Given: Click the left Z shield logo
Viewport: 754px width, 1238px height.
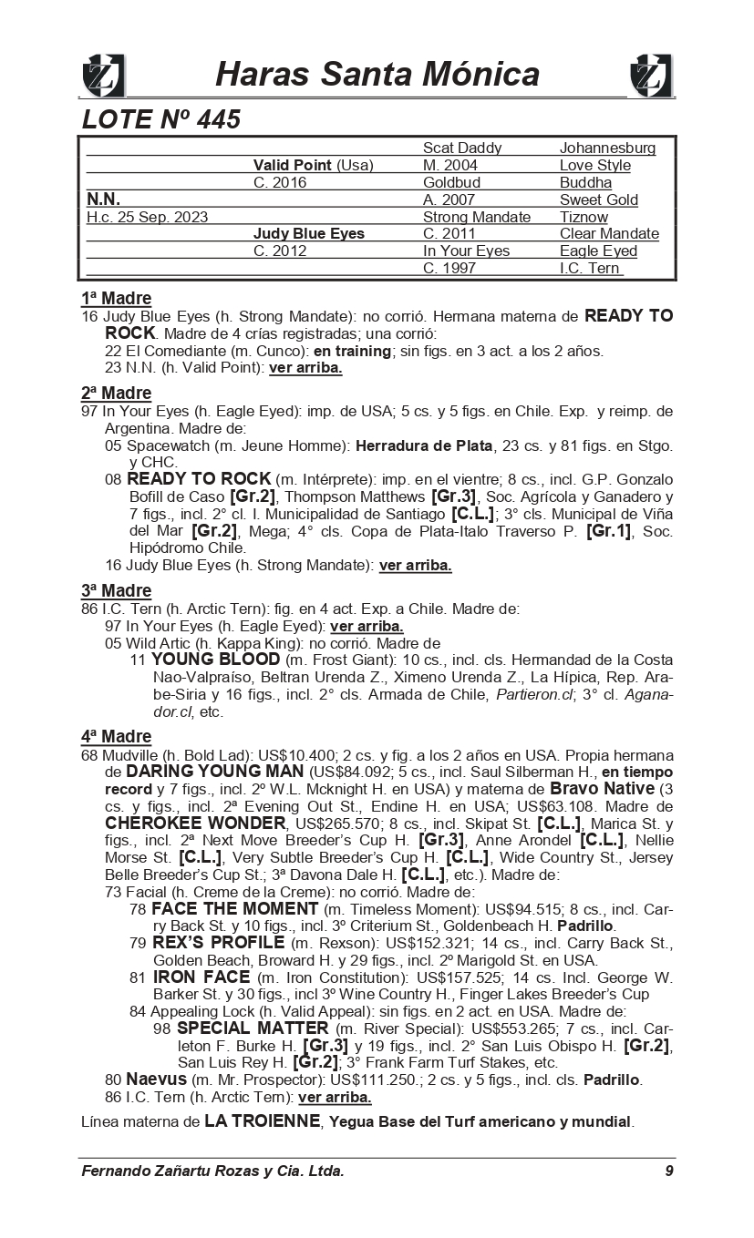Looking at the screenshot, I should coord(103,75).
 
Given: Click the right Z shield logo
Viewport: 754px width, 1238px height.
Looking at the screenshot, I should coord(651,75).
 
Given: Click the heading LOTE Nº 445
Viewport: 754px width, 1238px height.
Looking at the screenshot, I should coord(160,119).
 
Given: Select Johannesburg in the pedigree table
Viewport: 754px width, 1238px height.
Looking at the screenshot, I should coord(607,148).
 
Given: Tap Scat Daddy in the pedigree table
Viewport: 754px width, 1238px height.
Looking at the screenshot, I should coord(462,148).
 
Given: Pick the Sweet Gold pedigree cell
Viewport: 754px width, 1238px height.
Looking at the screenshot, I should coord(598,200).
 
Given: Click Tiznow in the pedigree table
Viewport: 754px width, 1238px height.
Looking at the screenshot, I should coord(584,217).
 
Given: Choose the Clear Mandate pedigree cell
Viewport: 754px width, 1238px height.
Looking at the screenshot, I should coord(609,234).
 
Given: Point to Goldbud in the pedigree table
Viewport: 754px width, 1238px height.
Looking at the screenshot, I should coord(452,182).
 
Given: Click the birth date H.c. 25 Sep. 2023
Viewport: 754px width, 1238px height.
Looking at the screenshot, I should coord(147,217).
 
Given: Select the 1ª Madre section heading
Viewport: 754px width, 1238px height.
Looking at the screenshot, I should coord(116,298).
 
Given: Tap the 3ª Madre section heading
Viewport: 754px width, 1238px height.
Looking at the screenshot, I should coord(116,591).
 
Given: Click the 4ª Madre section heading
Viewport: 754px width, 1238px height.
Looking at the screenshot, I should coord(116,736).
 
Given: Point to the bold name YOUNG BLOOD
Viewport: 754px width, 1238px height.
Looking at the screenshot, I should coord(215,660).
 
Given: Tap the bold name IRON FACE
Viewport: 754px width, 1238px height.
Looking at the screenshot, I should coord(201,977).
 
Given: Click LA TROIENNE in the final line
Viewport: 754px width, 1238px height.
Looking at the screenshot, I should coord(262,1121).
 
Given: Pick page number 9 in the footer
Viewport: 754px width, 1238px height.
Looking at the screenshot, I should coord(668,1171).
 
